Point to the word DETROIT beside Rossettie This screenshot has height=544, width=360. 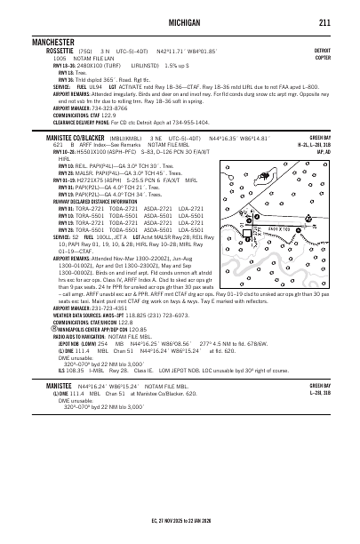(x=322, y=51)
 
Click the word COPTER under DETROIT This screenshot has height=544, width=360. (x=323, y=58)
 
